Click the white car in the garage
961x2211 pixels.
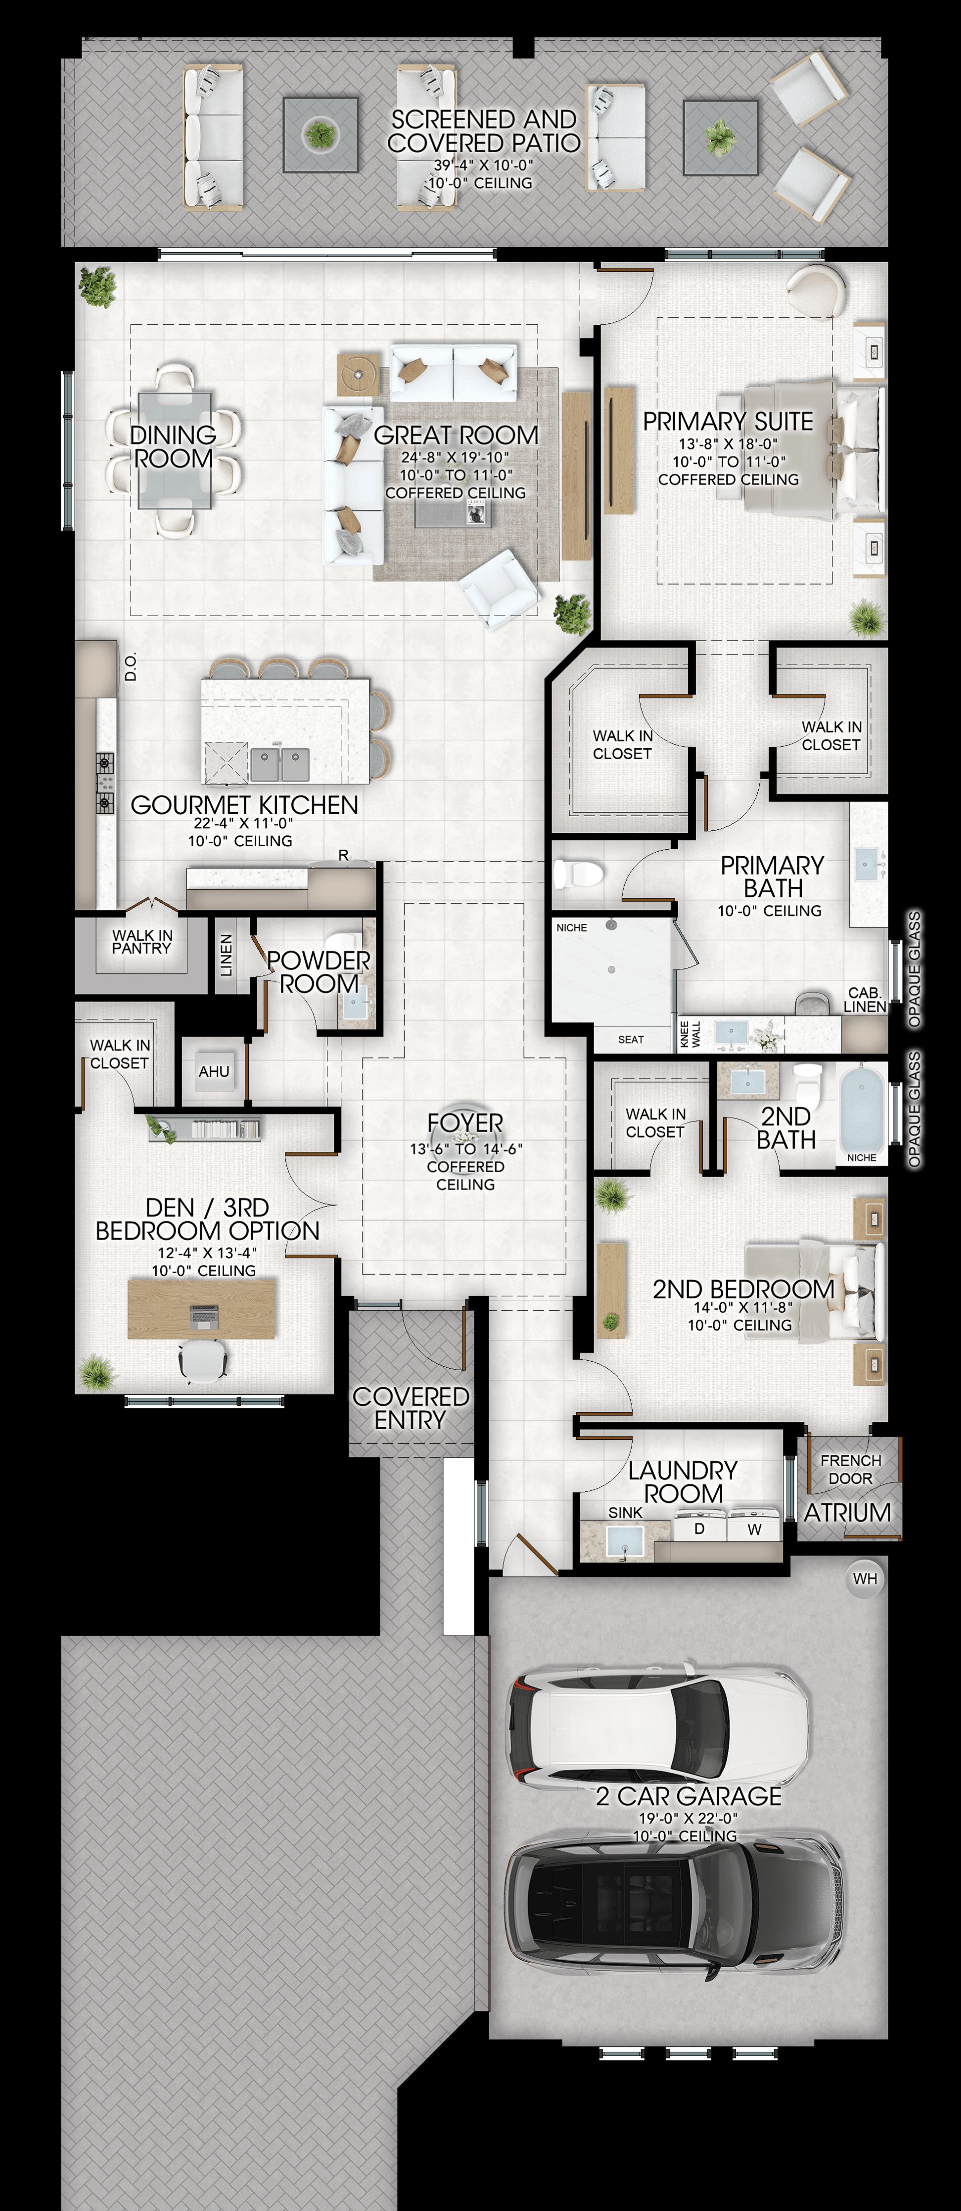coord(659,1727)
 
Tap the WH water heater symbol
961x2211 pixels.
coord(865,1578)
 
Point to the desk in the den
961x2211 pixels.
coord(202,1309)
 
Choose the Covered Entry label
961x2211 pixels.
coord(410,1408)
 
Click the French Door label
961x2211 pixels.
coord(850,1469)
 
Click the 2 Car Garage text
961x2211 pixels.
coord(689,1797)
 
